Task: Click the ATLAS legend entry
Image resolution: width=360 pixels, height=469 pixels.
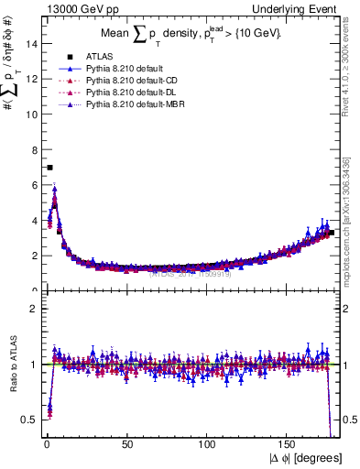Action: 94,57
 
